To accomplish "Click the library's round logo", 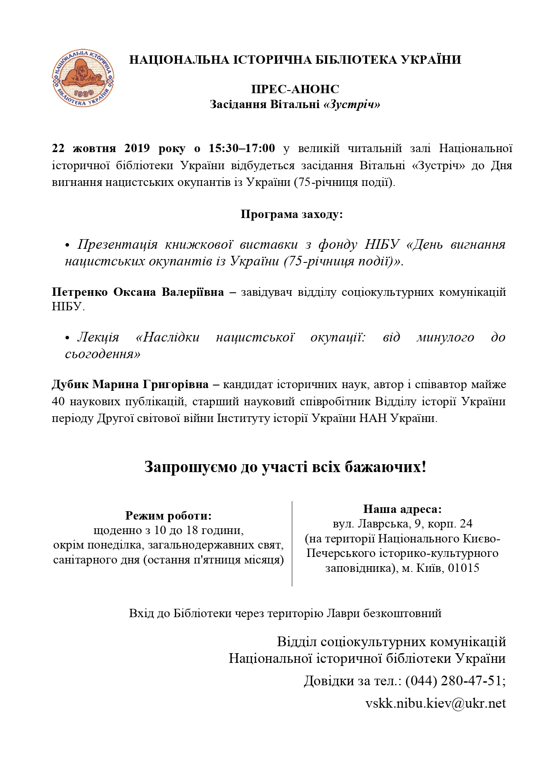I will pos(83,78).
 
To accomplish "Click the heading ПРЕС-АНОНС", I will pos(295,89).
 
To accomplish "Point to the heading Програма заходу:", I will pos(292,215).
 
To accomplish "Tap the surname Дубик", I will pos(70,385).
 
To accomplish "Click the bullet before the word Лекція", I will pos(68,338).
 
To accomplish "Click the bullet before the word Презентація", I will pos(68,245).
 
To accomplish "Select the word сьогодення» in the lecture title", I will pos(102,354).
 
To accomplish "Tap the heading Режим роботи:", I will pos(169,516).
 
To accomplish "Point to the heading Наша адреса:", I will pos(402,509).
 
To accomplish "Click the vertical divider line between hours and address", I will pos(292,543).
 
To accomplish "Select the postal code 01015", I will pos(464,568).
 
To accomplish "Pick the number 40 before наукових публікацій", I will pos(58,401).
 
